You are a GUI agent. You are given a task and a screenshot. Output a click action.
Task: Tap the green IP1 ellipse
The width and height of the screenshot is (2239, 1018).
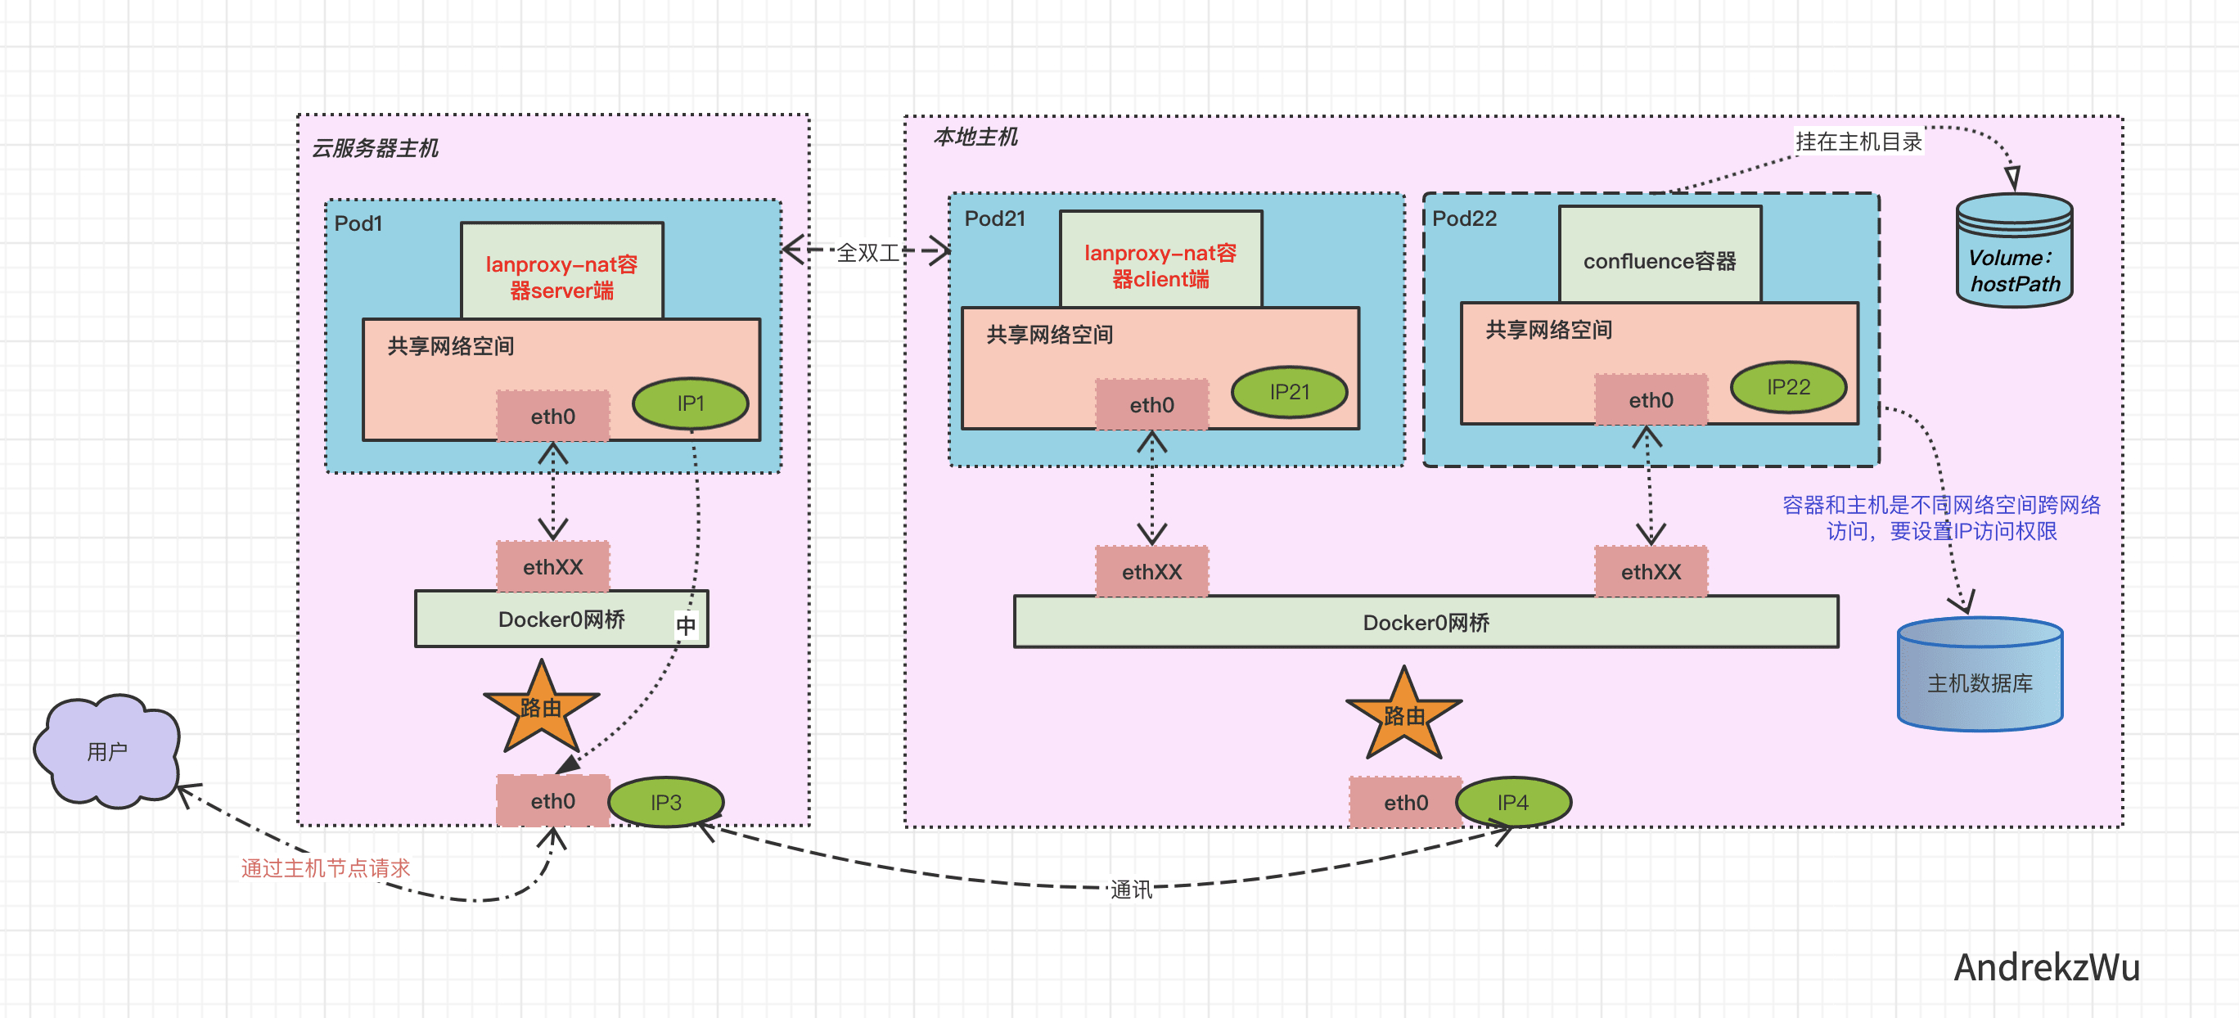click(x=690, y=403)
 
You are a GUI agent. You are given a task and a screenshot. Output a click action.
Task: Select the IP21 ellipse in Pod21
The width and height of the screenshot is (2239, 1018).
click(x=1289, y=392)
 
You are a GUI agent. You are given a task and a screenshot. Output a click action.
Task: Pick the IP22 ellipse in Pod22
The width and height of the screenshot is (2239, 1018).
click(x=1788, y=387)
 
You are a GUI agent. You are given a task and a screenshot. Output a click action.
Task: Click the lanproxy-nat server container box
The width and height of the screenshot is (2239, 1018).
click(x=561, y=271)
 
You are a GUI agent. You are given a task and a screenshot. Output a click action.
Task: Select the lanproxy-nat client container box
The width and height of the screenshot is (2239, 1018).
click(x=1160, y=260)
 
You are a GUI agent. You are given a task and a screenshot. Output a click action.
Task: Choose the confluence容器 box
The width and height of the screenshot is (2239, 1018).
click(x=1660, y=255)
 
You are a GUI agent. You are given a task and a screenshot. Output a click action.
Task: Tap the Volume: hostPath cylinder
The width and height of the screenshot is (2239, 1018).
click(x=2014, y=252)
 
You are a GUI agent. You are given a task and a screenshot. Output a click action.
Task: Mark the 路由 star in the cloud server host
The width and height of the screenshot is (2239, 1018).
click(x=542, y=709)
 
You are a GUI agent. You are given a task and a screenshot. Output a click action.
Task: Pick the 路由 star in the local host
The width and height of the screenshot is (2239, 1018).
click(x=1403, y=716)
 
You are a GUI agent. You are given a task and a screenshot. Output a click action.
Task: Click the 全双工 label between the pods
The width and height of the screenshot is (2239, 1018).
click(x=867, y=253)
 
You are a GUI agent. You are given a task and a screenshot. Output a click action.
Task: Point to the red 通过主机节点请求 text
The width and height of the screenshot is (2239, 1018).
click(x=325, y=867)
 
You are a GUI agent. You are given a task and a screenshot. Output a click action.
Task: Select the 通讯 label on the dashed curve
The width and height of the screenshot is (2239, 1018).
click(x=1131, y=890)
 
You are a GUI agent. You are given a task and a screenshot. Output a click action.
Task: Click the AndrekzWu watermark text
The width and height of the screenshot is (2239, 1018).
click(x=2046, y=967)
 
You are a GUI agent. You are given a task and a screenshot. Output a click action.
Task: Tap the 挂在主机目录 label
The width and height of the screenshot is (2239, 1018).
click(x=1858, y=142)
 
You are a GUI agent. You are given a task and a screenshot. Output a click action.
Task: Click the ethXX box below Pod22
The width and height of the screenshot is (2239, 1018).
click(x=1651, y=572)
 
